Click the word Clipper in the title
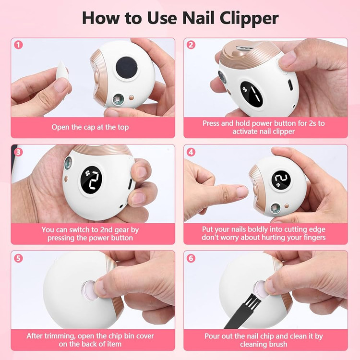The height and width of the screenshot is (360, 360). pyautogui.click(x=249, y=18)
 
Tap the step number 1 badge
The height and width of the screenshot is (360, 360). pyautogui.click(x=19, y=45)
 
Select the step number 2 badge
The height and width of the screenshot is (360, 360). pyautogui.click(x=191, y=45)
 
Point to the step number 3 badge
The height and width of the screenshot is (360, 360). pyautogui.click(x=19, y=152)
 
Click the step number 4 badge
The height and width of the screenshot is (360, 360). pyautogui.click(x=191, y=152)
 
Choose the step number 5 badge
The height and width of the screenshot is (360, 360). pyautogui.click(x=19, y=258)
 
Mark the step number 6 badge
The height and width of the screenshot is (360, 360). pyautogui.click(x=191, y=258)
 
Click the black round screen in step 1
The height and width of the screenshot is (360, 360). pyautogui.click(x=127, y=68)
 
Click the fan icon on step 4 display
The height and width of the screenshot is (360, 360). pyautogui.click(x=278, y=185)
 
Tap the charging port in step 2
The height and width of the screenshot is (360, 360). pyautogui.click(x=290, y=84)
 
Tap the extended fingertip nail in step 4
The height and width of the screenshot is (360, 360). pyautogui.click(x=242, y=192)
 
